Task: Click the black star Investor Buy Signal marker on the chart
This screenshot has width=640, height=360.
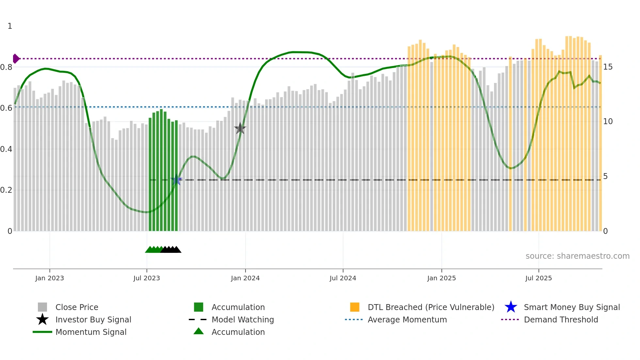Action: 240,128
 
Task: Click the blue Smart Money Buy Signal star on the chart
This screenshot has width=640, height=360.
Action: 176,180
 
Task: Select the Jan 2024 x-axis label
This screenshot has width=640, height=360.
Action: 245,278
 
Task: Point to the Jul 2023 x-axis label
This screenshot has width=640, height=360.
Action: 147,278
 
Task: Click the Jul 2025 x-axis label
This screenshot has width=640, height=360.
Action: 538,278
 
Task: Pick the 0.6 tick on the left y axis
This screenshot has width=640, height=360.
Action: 6,108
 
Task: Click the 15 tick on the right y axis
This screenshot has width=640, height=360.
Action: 608,67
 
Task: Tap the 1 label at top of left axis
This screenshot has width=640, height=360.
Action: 10,26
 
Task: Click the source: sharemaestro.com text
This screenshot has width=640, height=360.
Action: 577,256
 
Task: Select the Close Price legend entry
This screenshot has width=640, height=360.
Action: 77,307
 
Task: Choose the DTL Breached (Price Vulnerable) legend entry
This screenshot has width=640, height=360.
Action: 431,307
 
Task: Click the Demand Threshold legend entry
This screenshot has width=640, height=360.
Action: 561,320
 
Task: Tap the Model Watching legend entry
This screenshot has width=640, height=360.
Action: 242,320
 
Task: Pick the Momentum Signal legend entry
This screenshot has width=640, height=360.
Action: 91,332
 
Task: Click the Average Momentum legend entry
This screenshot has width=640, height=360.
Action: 407,320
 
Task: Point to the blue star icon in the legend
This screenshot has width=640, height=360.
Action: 511,307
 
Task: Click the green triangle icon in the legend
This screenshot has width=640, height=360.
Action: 199,332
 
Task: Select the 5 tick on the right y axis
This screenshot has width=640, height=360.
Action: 605,176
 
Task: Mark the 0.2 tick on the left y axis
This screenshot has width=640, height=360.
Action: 6,190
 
